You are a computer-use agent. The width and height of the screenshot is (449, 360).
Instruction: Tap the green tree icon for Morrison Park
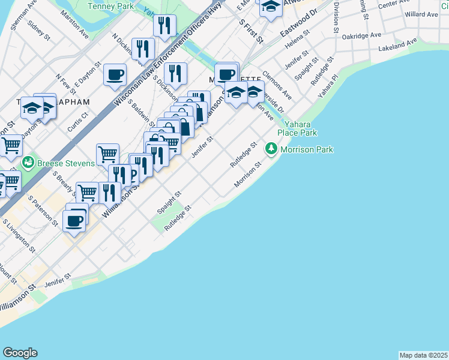pos(271,148)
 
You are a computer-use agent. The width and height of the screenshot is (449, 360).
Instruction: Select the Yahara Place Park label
pos(297,128)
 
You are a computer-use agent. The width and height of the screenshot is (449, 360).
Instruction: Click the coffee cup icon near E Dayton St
pos(115,75)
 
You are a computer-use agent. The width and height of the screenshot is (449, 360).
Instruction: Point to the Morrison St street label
pos(249,173)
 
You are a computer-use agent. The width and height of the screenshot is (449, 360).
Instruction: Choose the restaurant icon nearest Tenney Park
pos(163,26)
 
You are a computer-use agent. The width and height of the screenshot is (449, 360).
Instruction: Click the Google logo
pos(20,353)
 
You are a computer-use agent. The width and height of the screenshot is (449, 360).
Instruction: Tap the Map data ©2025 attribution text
pos(424,355)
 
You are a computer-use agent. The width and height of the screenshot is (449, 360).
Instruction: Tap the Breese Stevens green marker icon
pos(27,163)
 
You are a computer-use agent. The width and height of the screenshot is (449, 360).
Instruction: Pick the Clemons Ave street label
pos(277,87)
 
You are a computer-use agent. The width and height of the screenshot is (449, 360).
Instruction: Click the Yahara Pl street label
pos(329,86)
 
